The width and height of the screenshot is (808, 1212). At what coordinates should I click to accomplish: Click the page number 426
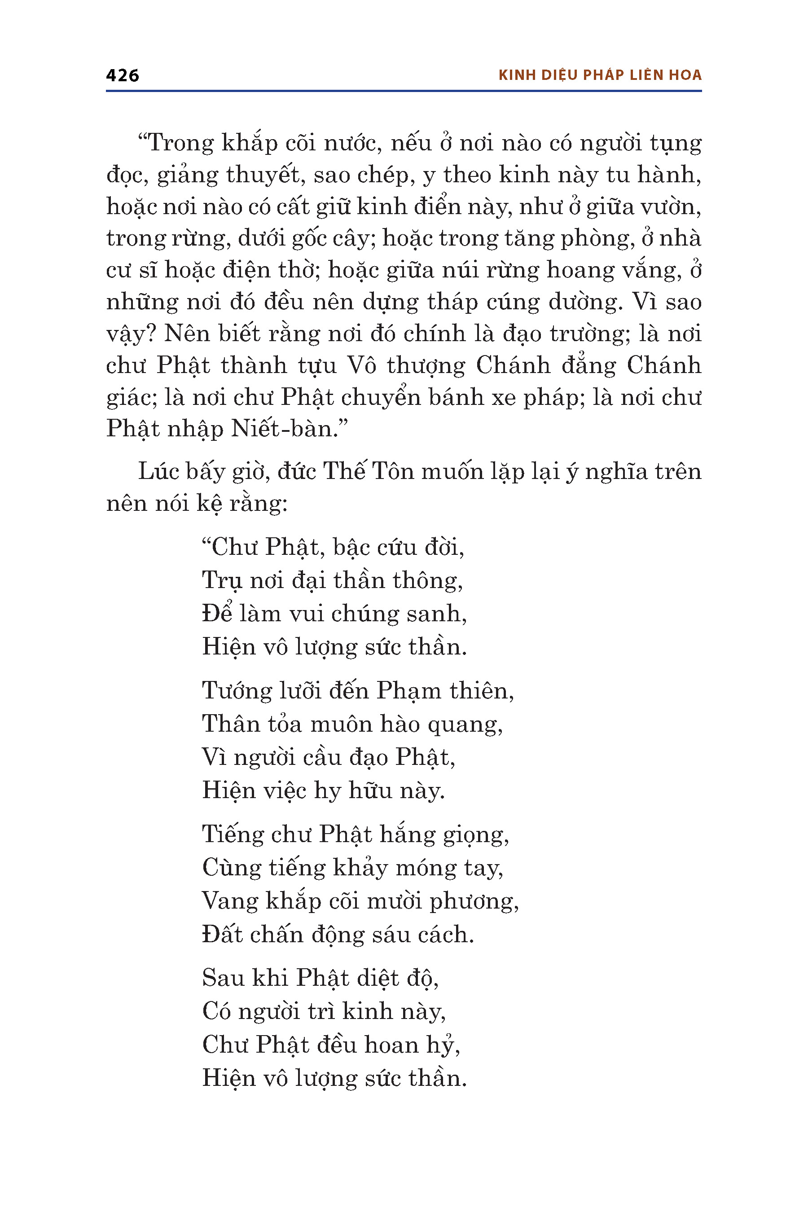(122, 75)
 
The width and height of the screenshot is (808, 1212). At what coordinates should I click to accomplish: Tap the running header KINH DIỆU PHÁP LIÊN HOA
(600, 75)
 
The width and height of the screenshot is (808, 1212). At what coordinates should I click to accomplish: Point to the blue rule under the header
(404, 91)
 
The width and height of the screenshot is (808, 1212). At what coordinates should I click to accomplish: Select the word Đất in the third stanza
(222, 934)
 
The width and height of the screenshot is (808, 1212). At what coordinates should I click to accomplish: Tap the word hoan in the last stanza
(391, 1045)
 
